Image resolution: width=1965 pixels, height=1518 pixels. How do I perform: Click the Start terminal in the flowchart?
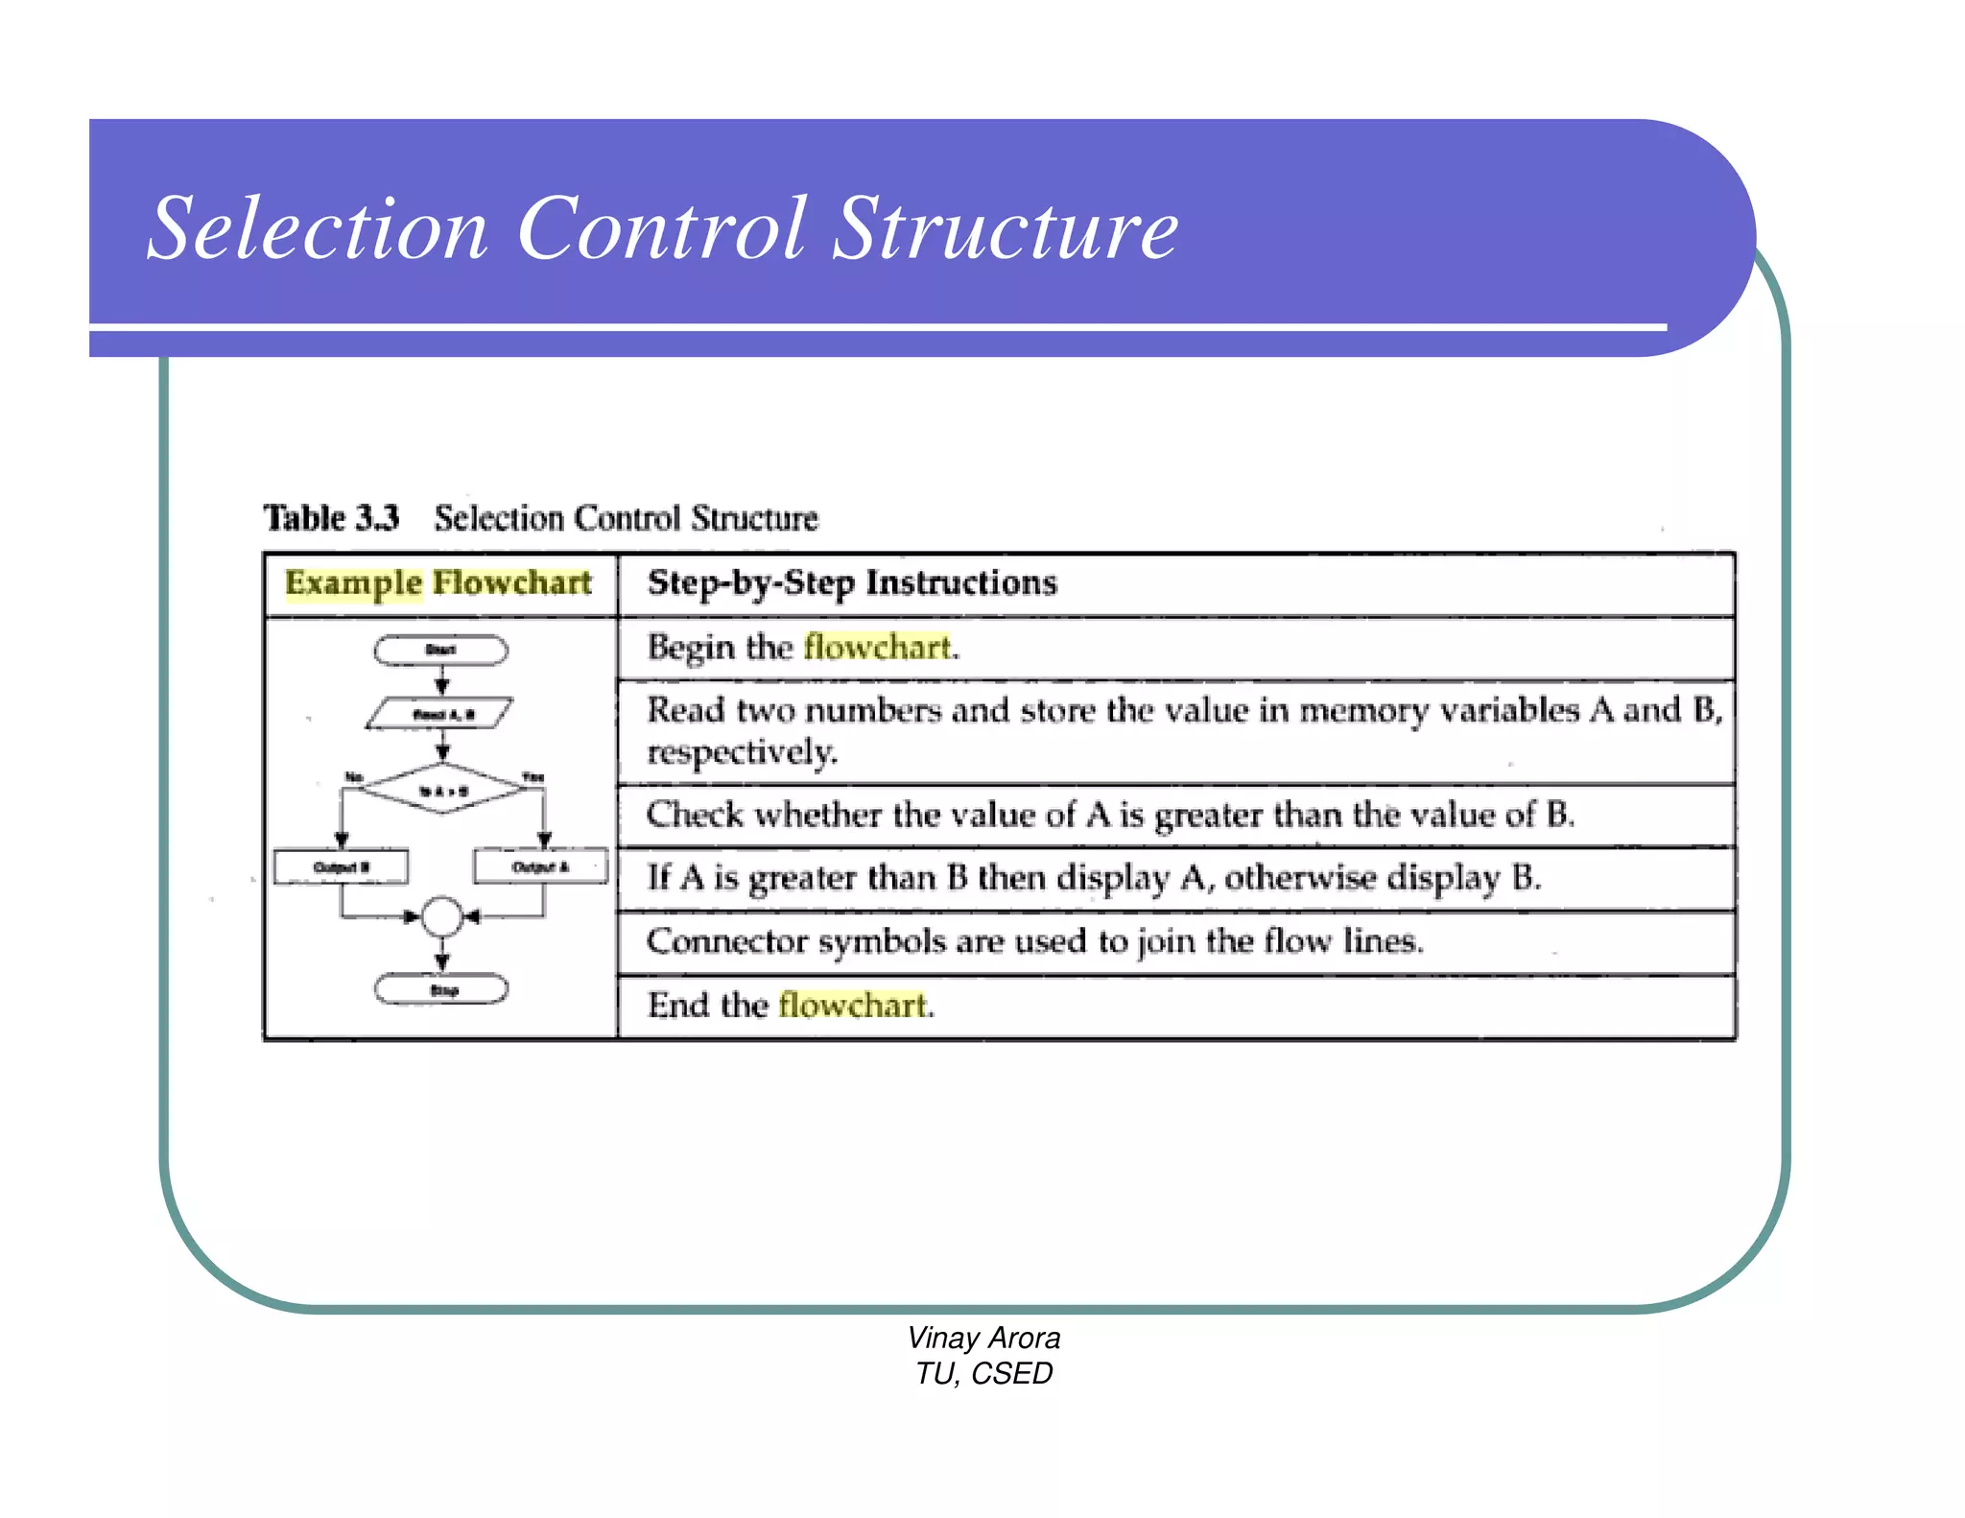point(440,651)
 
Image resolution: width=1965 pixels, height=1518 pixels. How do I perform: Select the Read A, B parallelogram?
point(440,714)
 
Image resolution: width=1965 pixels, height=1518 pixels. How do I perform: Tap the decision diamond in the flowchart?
point(442,790)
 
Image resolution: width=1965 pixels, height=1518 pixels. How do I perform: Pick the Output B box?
point(341,866)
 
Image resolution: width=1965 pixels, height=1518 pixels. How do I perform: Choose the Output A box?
point(540,866)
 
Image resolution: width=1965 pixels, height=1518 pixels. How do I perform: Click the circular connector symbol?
point(442,917)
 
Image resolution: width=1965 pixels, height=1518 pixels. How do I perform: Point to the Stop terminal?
point(441,989)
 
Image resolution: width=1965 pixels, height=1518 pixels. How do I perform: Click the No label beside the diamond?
point(354,776)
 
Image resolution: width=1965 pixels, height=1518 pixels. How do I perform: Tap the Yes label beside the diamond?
point(533,776)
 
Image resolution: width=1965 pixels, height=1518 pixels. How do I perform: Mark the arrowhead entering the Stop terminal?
point(442,962)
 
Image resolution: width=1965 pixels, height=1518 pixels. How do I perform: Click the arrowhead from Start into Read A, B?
point(442,686)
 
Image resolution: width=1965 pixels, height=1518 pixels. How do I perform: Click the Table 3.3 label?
point(331,518)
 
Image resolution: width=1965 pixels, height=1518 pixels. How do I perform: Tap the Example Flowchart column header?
point(438,582)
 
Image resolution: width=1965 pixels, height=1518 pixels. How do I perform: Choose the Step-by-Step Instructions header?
point(852,582)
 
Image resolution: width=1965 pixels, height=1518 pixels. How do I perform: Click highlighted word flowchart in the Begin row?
point(878,647)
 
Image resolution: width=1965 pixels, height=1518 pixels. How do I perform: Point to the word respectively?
point(742,751)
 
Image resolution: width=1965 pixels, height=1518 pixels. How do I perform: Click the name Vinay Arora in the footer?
point(983,1338)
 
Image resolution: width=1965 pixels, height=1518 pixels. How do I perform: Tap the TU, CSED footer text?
point(983,1373)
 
